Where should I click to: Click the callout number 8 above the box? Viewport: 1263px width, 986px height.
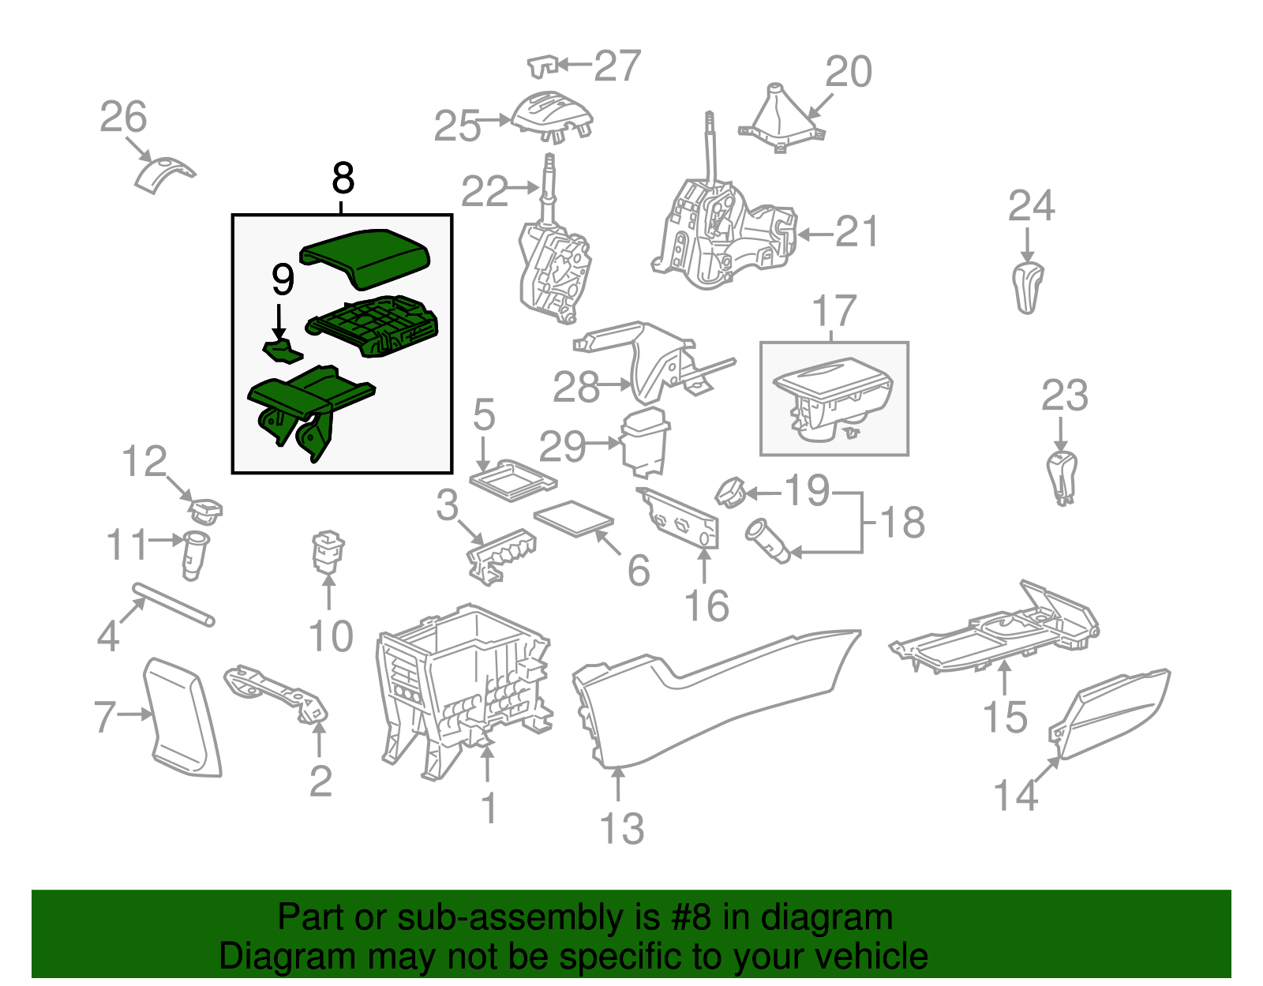(x=343, y=179)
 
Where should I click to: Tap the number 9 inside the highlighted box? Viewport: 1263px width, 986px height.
(x=283, y=279)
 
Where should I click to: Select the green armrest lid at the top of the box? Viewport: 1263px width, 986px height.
(x=366, y=254)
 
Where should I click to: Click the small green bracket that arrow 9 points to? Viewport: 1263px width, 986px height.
(x=281, y=350)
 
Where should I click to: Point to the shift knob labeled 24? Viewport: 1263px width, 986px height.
(x=1027, y=288)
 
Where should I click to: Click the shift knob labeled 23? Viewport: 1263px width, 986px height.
(x=1062, y=477)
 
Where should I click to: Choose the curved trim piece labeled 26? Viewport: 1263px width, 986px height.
(x=162, y=174)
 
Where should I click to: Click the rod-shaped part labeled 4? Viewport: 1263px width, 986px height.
(x=174, y=605)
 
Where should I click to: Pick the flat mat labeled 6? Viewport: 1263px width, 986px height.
(x=574, y=518)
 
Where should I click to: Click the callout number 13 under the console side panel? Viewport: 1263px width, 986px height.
(x=622, y=829)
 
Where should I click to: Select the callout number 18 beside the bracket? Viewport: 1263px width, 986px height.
(x=901, y=523)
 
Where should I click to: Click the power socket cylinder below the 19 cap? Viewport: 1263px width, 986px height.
(x=767, y=540)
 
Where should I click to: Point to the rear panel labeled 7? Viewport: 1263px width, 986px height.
(x=183, y=717)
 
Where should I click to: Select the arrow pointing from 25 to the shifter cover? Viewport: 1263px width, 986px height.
(x=496, y=121)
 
